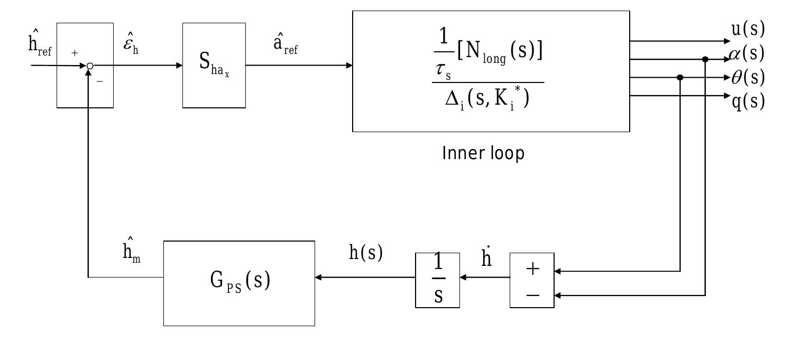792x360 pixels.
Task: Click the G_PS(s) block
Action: (239, 283)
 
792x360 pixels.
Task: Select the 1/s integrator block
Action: (438, 280)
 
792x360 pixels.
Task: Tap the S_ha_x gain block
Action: (214, 66)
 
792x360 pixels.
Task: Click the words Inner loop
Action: (483, 154)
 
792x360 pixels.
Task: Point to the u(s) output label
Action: (748, 30)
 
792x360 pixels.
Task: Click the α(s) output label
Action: (747, 53)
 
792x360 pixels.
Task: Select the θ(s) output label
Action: (748, 78)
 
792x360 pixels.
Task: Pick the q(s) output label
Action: (748, 100)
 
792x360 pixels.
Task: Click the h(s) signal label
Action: (365, 254)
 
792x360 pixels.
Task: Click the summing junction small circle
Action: (90, 66)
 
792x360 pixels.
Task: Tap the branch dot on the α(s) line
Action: (705, 59)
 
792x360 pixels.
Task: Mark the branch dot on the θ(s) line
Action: (680, 78)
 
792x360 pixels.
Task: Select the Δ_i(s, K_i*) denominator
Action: (486, 98)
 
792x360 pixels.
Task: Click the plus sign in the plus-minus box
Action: (532, 269)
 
